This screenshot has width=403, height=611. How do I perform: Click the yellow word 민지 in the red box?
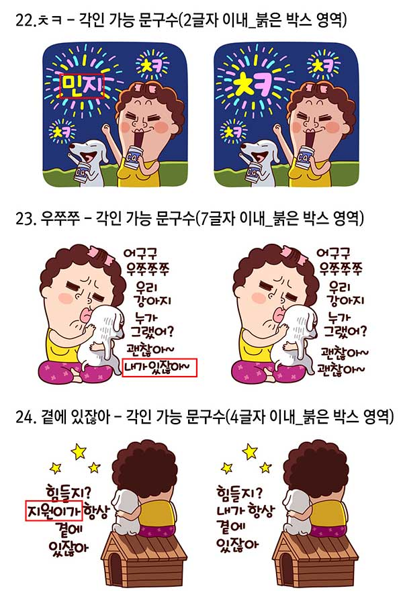(82, 85)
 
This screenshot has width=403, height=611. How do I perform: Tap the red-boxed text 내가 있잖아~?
(159, 367)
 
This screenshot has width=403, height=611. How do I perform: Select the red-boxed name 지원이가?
(54, 510)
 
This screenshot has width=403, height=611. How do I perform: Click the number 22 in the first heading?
(25, 20)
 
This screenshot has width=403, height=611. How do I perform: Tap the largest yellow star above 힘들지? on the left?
(79, 451)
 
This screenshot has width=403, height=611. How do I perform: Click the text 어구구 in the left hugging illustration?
(140, 254)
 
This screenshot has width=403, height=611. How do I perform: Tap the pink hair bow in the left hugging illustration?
(101, 253)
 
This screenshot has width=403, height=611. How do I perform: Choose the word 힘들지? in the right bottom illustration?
(240, 493)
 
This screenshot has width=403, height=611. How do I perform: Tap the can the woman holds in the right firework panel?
(304, 158)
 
